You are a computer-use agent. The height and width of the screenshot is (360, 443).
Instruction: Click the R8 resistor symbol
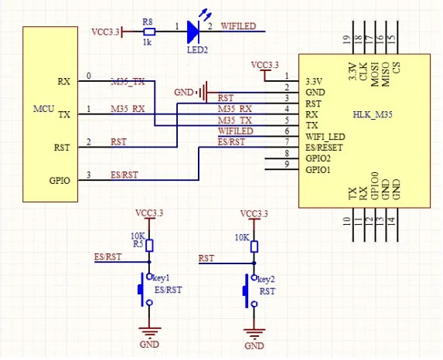(149, 32)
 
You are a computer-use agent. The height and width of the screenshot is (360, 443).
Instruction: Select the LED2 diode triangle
(193, 32)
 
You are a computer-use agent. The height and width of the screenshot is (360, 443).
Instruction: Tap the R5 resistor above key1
(149, 246)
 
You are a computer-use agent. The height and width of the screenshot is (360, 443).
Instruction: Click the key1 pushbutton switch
(145, 290)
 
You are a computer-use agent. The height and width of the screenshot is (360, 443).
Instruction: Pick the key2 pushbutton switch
(250, 290)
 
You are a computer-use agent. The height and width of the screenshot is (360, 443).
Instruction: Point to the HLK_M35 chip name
(373, 114)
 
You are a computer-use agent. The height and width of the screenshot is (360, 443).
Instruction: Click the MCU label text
(43, 109)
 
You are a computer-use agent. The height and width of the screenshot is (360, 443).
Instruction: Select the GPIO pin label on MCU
(60, 181)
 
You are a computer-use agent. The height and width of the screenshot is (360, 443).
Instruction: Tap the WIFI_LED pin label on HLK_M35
(325, 137)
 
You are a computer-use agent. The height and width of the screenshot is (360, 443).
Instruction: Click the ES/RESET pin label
(324, 148)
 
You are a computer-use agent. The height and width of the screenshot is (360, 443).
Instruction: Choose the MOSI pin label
(374, 74)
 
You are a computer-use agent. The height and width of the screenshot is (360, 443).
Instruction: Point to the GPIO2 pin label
(318, 158)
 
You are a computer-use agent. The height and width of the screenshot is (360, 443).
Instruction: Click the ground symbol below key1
(149, 332)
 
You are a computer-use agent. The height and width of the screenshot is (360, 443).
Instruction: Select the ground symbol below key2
(254, 334)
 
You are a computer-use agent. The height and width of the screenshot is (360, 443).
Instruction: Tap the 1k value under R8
(147, 42)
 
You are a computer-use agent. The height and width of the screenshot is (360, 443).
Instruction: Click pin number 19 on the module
(347, 39)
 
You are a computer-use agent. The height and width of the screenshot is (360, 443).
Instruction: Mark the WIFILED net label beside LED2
(238, 26)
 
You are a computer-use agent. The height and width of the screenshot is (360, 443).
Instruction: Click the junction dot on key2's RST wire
(254, 263)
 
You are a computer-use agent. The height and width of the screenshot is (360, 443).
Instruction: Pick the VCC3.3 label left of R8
(105, 32)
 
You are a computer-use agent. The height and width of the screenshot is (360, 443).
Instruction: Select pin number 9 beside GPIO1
(287, 164)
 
